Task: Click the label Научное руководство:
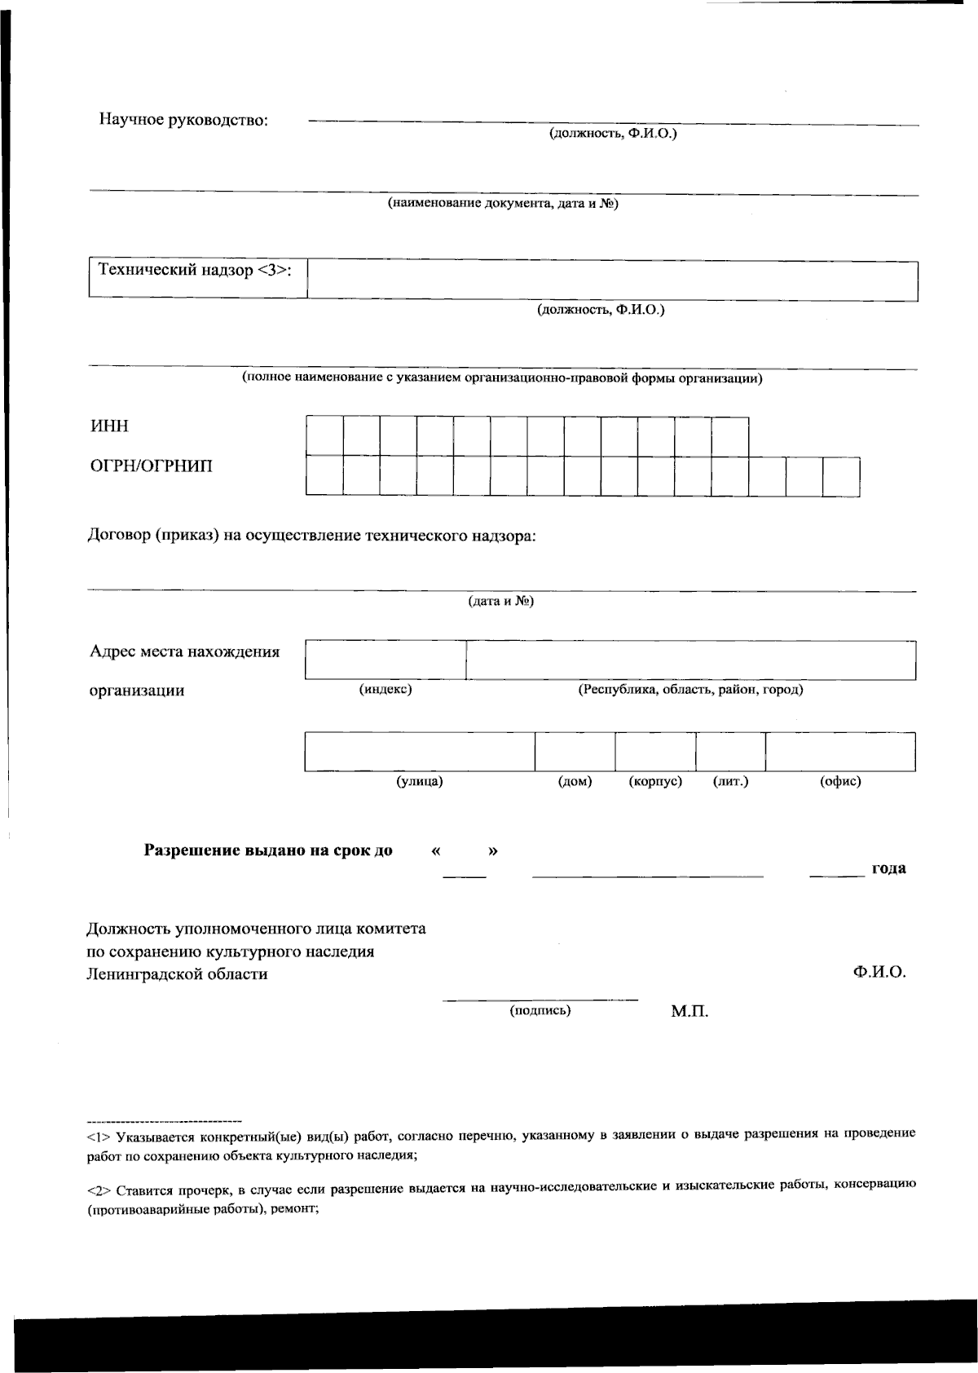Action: pos(183,121)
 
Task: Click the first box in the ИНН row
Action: pos(324,436)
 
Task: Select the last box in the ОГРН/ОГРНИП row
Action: pos(841,476)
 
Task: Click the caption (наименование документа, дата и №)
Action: pos(502,204)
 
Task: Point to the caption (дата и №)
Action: pos(500,602)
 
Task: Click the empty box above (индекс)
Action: pos(385,660)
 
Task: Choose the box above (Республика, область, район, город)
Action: pos(690,660)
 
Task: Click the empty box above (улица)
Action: pos(419,751)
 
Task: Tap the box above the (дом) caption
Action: pos(575,751)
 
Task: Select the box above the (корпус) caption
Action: pos(655,751)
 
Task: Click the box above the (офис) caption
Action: pos(840,751)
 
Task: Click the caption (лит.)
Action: pos(731,782)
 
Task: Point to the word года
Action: pos(888,868)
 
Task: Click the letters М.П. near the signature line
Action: pos(689,1012)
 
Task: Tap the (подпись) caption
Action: pos(540,1011)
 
